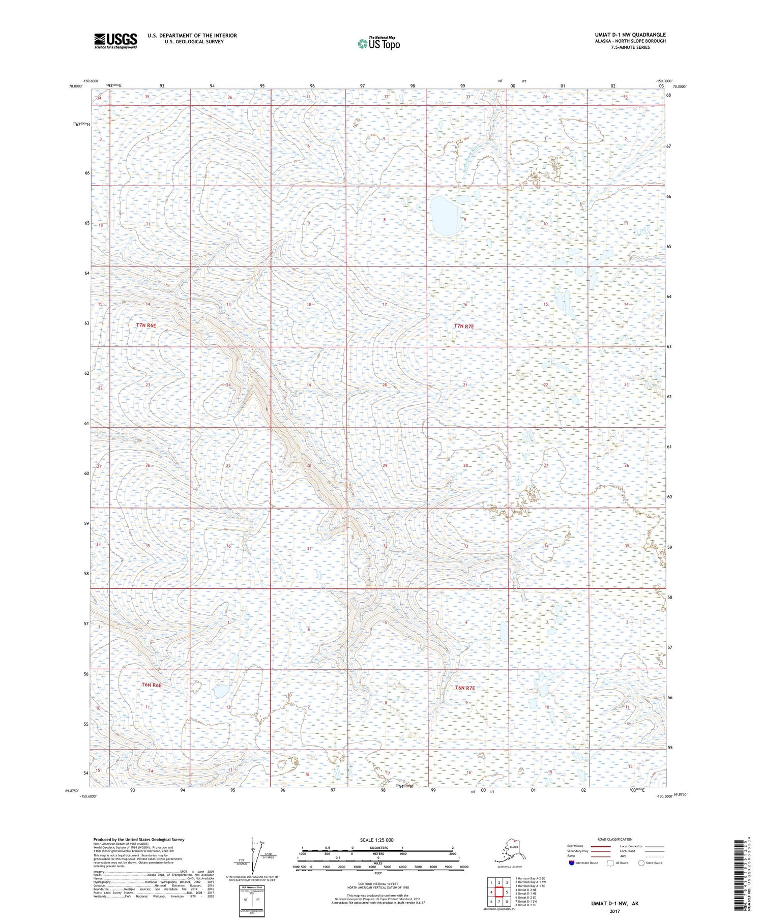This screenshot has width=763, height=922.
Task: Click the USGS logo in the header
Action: click(115, 41)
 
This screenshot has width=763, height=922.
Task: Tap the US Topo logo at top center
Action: click(378, 43)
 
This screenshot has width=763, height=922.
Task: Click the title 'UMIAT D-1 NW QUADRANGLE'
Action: click(630, 35)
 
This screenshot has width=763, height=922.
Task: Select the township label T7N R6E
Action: click(148, 325)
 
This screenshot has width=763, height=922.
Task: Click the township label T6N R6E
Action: click(151, 685)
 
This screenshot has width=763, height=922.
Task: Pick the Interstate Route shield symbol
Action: click(571, 863)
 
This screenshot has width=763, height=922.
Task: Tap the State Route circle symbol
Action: click(642, 863)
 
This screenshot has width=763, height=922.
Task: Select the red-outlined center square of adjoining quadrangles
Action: click(500, 891)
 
